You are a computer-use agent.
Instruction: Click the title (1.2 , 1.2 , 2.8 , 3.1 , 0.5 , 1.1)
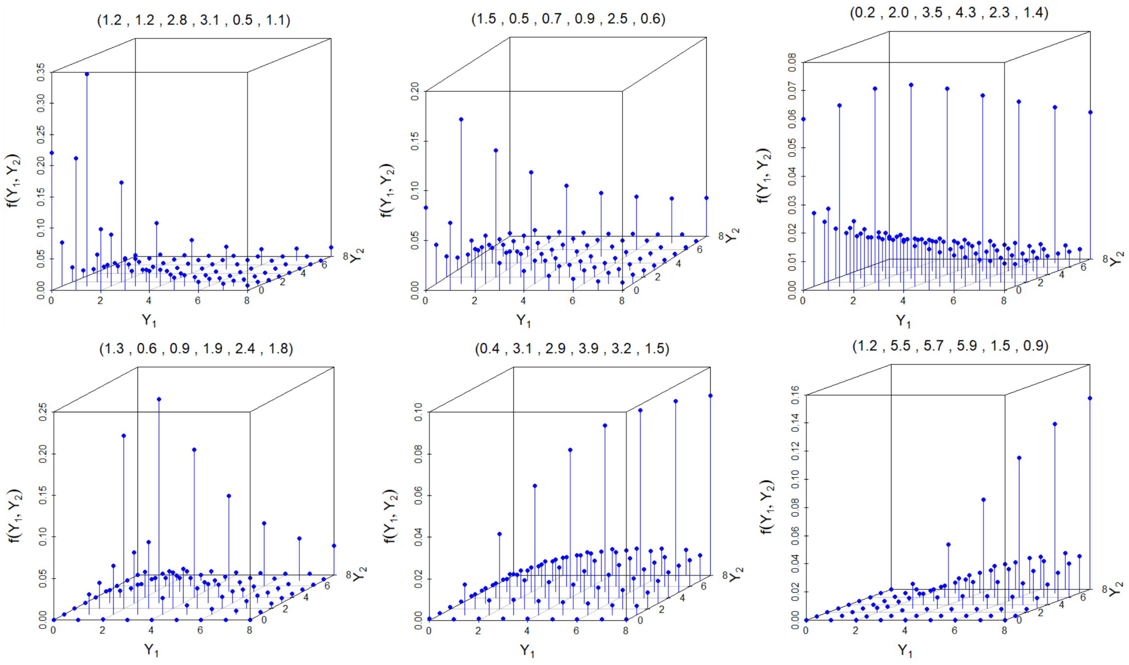click(x=194, y=20)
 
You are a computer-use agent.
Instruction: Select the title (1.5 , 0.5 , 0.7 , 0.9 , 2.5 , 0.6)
click(x=568, y=19)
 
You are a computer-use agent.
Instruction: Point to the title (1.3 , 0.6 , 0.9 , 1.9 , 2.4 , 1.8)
click(x=196, y=348)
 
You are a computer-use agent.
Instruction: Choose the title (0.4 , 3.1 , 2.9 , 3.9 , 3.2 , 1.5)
click(x=572, y=348)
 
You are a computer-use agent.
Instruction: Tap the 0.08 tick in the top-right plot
click(x=792, y=62)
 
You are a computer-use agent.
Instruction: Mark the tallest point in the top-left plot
click(x=87, y=74)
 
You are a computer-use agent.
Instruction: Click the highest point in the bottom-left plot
click(x=159, y=399)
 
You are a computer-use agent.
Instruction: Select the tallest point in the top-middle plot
click(x=461, y=119)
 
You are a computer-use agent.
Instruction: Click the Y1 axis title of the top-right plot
click(x=903, y=321)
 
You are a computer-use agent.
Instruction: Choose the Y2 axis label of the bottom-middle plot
click(x=734, y=574)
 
